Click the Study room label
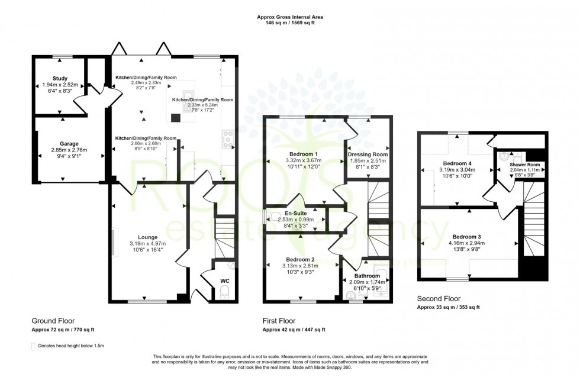point(59,78)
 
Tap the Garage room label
point(69,143)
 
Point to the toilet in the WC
point(224,292)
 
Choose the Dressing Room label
point(367,154)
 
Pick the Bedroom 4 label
point(457,163)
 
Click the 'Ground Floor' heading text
point(51,320)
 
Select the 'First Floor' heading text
point(279,320)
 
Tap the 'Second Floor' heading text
point(439,299)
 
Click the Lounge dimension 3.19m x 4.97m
point(147,243)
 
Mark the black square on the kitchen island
point(175,117)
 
